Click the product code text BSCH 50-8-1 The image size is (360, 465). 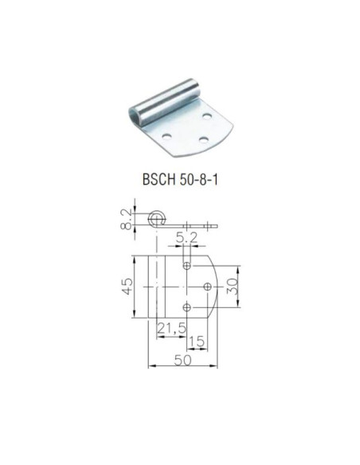point(180,180)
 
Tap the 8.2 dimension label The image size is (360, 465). point(126,219)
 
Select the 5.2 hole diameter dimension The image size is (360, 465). point(186,237)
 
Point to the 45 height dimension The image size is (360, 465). point(127,287)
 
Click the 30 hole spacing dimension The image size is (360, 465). point(233,287)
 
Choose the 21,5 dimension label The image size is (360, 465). point(172,328)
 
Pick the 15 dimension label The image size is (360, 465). point(197,342)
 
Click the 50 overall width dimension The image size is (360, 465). point(182,361)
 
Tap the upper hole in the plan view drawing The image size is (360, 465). point(187,265)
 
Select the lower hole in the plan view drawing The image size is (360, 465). point(187,307)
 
